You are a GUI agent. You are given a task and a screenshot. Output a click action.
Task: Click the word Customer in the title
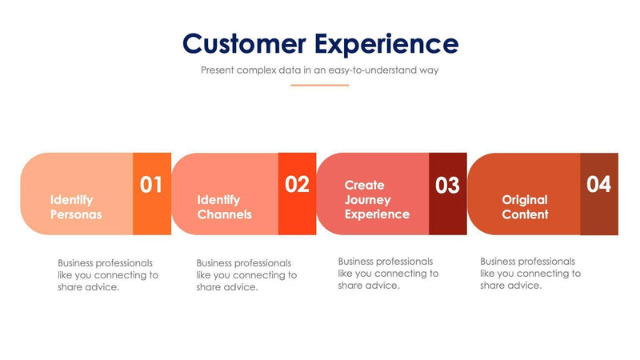(x=243, y=43)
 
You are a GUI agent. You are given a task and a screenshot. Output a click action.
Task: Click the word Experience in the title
(x=386, y=43)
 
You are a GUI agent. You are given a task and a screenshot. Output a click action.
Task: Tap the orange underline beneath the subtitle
(x=320, y=85)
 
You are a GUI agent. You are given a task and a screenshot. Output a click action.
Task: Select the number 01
(x=151, y=185)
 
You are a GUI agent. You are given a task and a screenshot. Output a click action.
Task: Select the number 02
(x=297, y=185)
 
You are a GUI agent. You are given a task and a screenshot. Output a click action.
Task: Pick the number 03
(x=447, y=186)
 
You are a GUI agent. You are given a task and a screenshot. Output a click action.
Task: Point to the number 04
(x=598, y=185)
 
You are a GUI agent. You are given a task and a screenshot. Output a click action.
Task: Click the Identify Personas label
(x=76, y=207)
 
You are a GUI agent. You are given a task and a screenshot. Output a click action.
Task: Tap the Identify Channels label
(x=224, y=207)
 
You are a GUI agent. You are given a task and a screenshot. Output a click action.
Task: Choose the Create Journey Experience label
(x=377, y=199)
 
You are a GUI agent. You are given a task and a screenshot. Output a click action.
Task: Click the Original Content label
(x=525, y=207)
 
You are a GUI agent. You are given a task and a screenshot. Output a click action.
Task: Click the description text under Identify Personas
(x=108, y=275)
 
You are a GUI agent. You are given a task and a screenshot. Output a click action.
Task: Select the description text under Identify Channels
(x=246, y=275)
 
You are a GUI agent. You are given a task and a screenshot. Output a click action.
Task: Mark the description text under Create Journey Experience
(x=388, y=274)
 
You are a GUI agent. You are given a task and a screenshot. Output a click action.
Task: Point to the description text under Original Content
(x=530, y=274)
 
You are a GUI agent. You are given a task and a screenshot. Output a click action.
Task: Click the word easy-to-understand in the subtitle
(x=374, y=70)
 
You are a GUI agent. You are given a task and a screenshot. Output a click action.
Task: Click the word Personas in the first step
(x=76, y=214)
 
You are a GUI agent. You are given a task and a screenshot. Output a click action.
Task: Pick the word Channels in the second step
(x=224, y=214)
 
